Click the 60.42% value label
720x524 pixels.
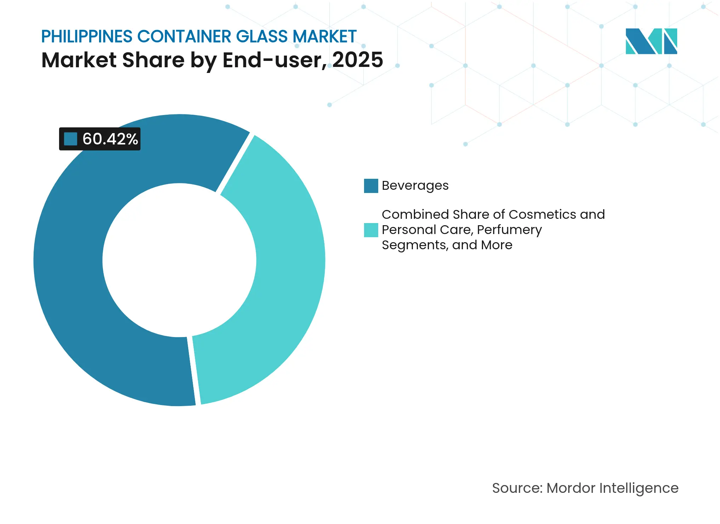[x=110, y=139]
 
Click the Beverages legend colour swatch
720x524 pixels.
[x=371, y=186]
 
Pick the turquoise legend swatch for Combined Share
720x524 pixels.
[x=371, y=230]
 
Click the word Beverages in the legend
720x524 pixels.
[x=415, y=186]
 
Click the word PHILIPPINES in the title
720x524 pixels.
[x=87, y=36]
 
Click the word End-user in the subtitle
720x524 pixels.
[x=275, y=60]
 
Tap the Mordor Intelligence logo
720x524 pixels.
[x=651, y=41]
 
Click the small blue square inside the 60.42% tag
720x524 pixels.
[x=70, y=139]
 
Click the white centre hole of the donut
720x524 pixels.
[x=179, y=260]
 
